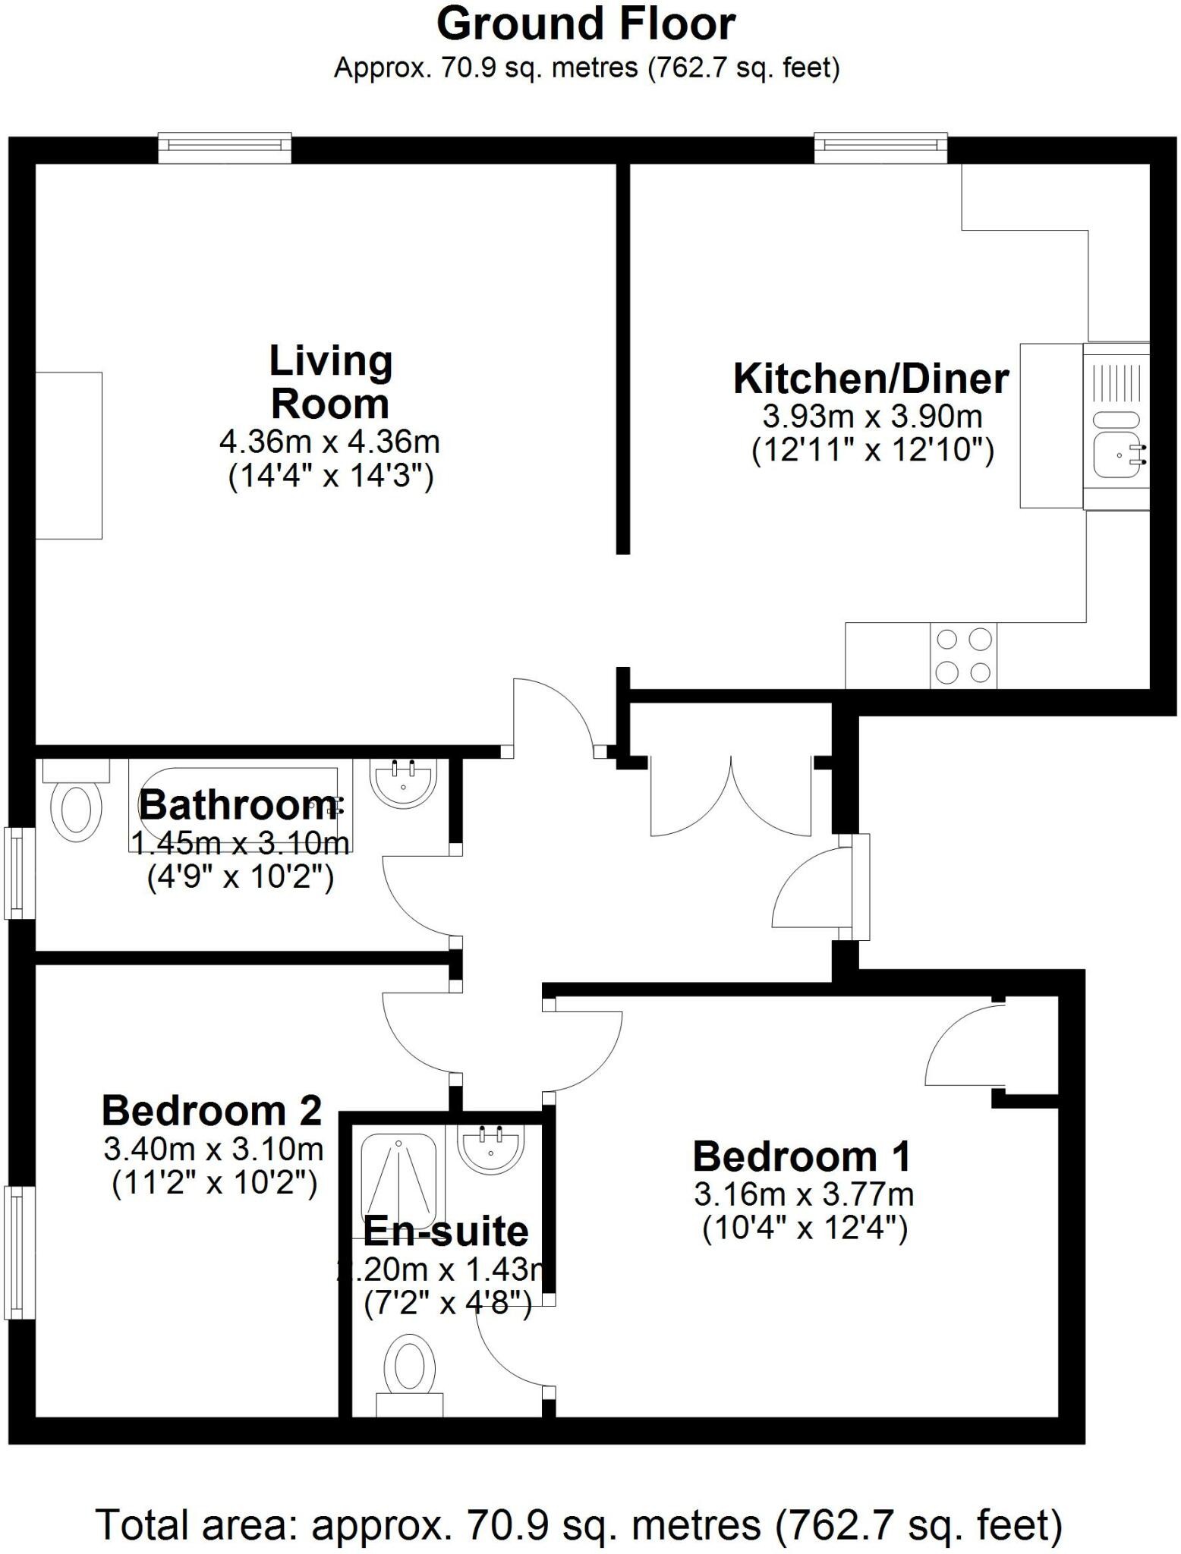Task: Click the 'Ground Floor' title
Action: click(x=585, y=24)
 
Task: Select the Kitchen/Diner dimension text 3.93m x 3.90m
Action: click(x=872, y=417)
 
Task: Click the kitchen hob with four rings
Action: click(x=963, y=656)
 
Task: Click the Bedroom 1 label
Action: click(x=801, y=1156)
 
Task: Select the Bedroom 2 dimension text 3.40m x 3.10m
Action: click(x=213, y=1150)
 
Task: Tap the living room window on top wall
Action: click(x=225, y=148)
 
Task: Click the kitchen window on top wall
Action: click(x=880, y=148)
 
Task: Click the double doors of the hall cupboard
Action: click(x=731, y=797)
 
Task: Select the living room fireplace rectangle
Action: click(x=68, y=455)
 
